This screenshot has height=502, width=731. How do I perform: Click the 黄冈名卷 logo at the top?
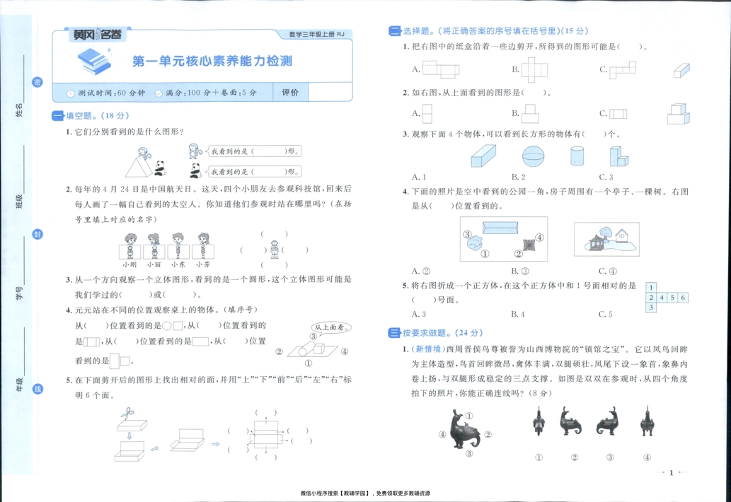[98, 34]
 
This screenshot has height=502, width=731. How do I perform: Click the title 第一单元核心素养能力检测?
[212, 62]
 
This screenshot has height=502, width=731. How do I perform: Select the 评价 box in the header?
[290, 93]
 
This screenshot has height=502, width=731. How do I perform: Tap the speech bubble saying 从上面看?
[328, 327]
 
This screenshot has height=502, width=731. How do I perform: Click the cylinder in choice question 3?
[577, 156]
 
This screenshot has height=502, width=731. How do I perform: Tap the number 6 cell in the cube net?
[683, 298]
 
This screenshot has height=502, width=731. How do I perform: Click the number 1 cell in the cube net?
[651, 288]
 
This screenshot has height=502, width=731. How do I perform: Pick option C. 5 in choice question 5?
[605, 314]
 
